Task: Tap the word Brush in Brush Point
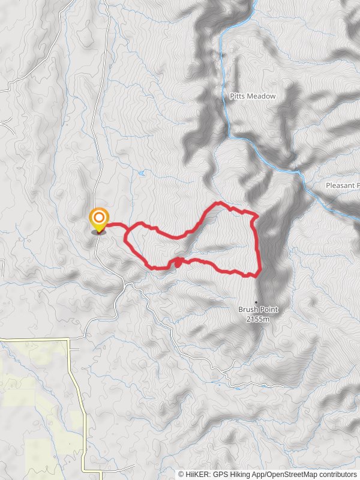pos(248,310)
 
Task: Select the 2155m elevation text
pos(257,319)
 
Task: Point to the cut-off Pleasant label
pos(343,185)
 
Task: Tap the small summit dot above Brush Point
pos(256,302)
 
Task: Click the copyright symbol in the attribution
pos(181,474)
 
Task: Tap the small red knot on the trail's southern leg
pos(178,262)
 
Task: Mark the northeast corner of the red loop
pos(257,215)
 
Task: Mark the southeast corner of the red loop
pos(259,274)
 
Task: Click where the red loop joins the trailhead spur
pos(127,227)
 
